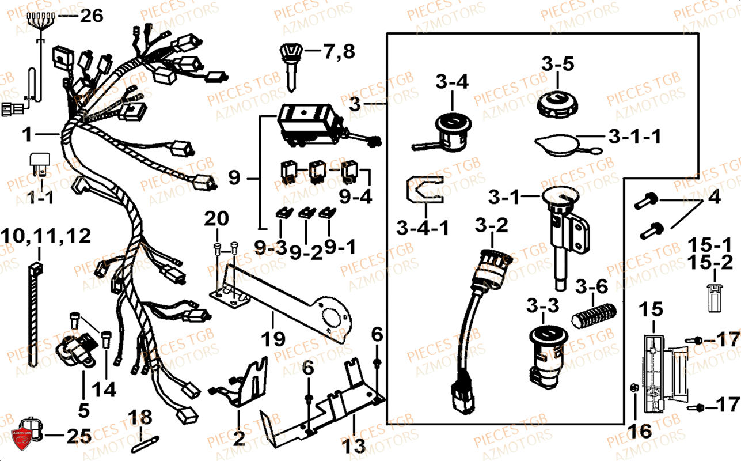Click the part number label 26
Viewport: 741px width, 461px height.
click(91, 16)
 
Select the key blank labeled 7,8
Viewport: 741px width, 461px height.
click(291, 63)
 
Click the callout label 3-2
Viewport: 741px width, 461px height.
click(491, 226)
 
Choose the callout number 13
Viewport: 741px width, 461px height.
click(353, 445)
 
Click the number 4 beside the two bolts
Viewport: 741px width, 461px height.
click(713, 198)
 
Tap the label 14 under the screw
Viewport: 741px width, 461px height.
click(105, 390)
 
